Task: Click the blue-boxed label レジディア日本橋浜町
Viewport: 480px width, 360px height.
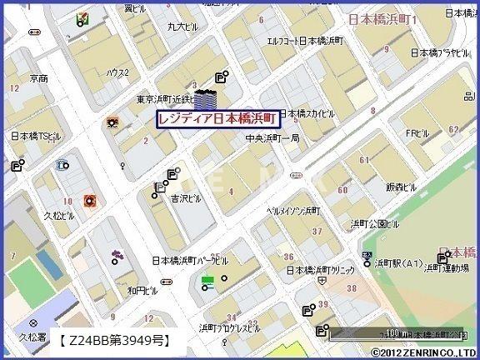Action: coord(218,119)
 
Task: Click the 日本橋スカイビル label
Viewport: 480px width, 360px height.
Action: coord(310,112)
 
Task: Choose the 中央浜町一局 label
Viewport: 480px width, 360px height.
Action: coord(272,138)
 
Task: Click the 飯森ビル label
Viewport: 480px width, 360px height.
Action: coord(402,188)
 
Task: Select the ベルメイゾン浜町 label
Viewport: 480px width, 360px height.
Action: coord(292,212)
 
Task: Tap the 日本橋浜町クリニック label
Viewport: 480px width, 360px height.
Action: coord(320,270)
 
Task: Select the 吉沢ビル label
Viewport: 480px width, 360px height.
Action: coord(187,199)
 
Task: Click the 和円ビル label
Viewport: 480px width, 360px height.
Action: coord(142,292)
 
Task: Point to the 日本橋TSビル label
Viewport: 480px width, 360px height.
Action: coord(35,135)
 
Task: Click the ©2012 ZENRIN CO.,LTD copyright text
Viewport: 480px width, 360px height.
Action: coord(424,352)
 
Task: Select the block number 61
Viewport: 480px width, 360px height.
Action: coord(363,160)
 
